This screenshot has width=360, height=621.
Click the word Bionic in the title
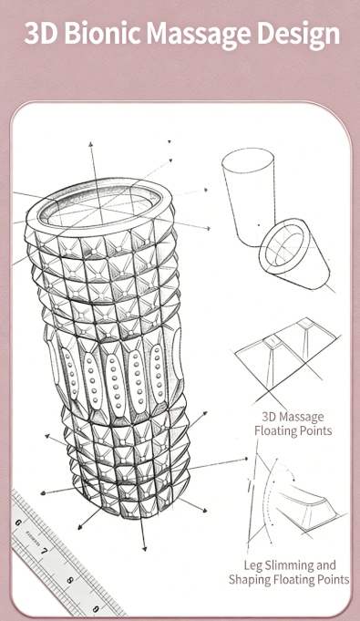click(102, 33)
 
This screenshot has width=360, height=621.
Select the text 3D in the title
click(40, 33)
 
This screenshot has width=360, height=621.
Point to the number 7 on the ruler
click(44, 551)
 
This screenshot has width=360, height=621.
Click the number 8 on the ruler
click(69, 581)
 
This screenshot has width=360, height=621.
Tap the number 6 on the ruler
click(18, 523)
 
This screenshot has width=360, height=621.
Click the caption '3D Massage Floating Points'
click(293, 424)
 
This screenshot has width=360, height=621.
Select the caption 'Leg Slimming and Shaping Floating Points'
click(289, 573)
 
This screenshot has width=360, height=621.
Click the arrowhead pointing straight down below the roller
click(144, 549)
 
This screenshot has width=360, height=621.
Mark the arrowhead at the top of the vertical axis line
click(91, 144)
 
